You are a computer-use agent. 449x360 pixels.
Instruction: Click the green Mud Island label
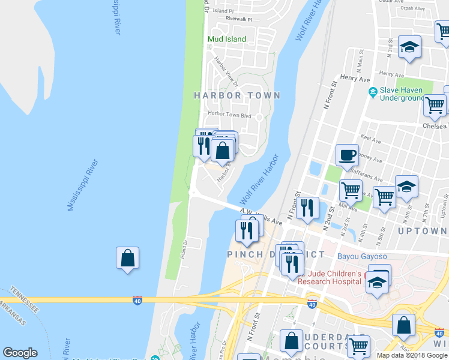227,40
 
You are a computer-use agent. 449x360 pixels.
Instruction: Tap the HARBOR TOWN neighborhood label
237,95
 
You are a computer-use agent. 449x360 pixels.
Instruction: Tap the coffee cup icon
347,155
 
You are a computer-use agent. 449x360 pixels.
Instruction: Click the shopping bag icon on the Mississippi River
127,258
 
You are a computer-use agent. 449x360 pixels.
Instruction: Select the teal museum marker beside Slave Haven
372,92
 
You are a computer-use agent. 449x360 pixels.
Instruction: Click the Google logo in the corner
20,353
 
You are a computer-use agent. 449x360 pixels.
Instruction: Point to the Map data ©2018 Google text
412,355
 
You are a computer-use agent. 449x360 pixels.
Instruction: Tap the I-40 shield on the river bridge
137,301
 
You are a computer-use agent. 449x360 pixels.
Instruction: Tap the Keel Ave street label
371,139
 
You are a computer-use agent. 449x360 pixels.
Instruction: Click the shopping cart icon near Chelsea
435,106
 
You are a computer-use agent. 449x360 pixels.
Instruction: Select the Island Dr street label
185,250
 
